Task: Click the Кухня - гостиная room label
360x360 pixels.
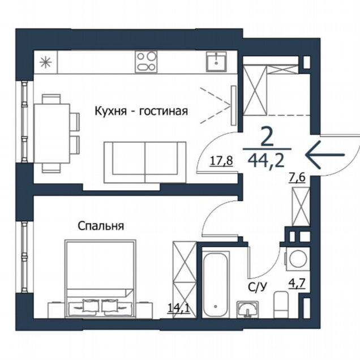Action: [142, 112]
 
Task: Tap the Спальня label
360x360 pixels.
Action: [101, 226]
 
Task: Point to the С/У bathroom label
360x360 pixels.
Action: [258, 287]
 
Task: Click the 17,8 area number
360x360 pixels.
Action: [221, 161]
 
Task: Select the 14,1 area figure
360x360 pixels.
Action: [179, 308]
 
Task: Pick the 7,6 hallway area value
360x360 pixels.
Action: [297, 178]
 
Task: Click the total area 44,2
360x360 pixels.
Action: [267, 161]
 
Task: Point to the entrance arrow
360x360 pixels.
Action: [325, 155]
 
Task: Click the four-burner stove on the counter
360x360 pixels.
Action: [146, 62]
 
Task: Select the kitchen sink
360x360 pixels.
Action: [216, 62]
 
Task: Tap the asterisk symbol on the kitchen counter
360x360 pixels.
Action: [45, 62]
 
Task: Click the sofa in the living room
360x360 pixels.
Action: [145, 162]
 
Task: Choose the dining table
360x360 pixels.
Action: [52, 133]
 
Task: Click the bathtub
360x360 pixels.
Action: [215, 285]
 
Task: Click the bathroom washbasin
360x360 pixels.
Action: [248, 310]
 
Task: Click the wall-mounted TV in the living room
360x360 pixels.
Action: [234, 105]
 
